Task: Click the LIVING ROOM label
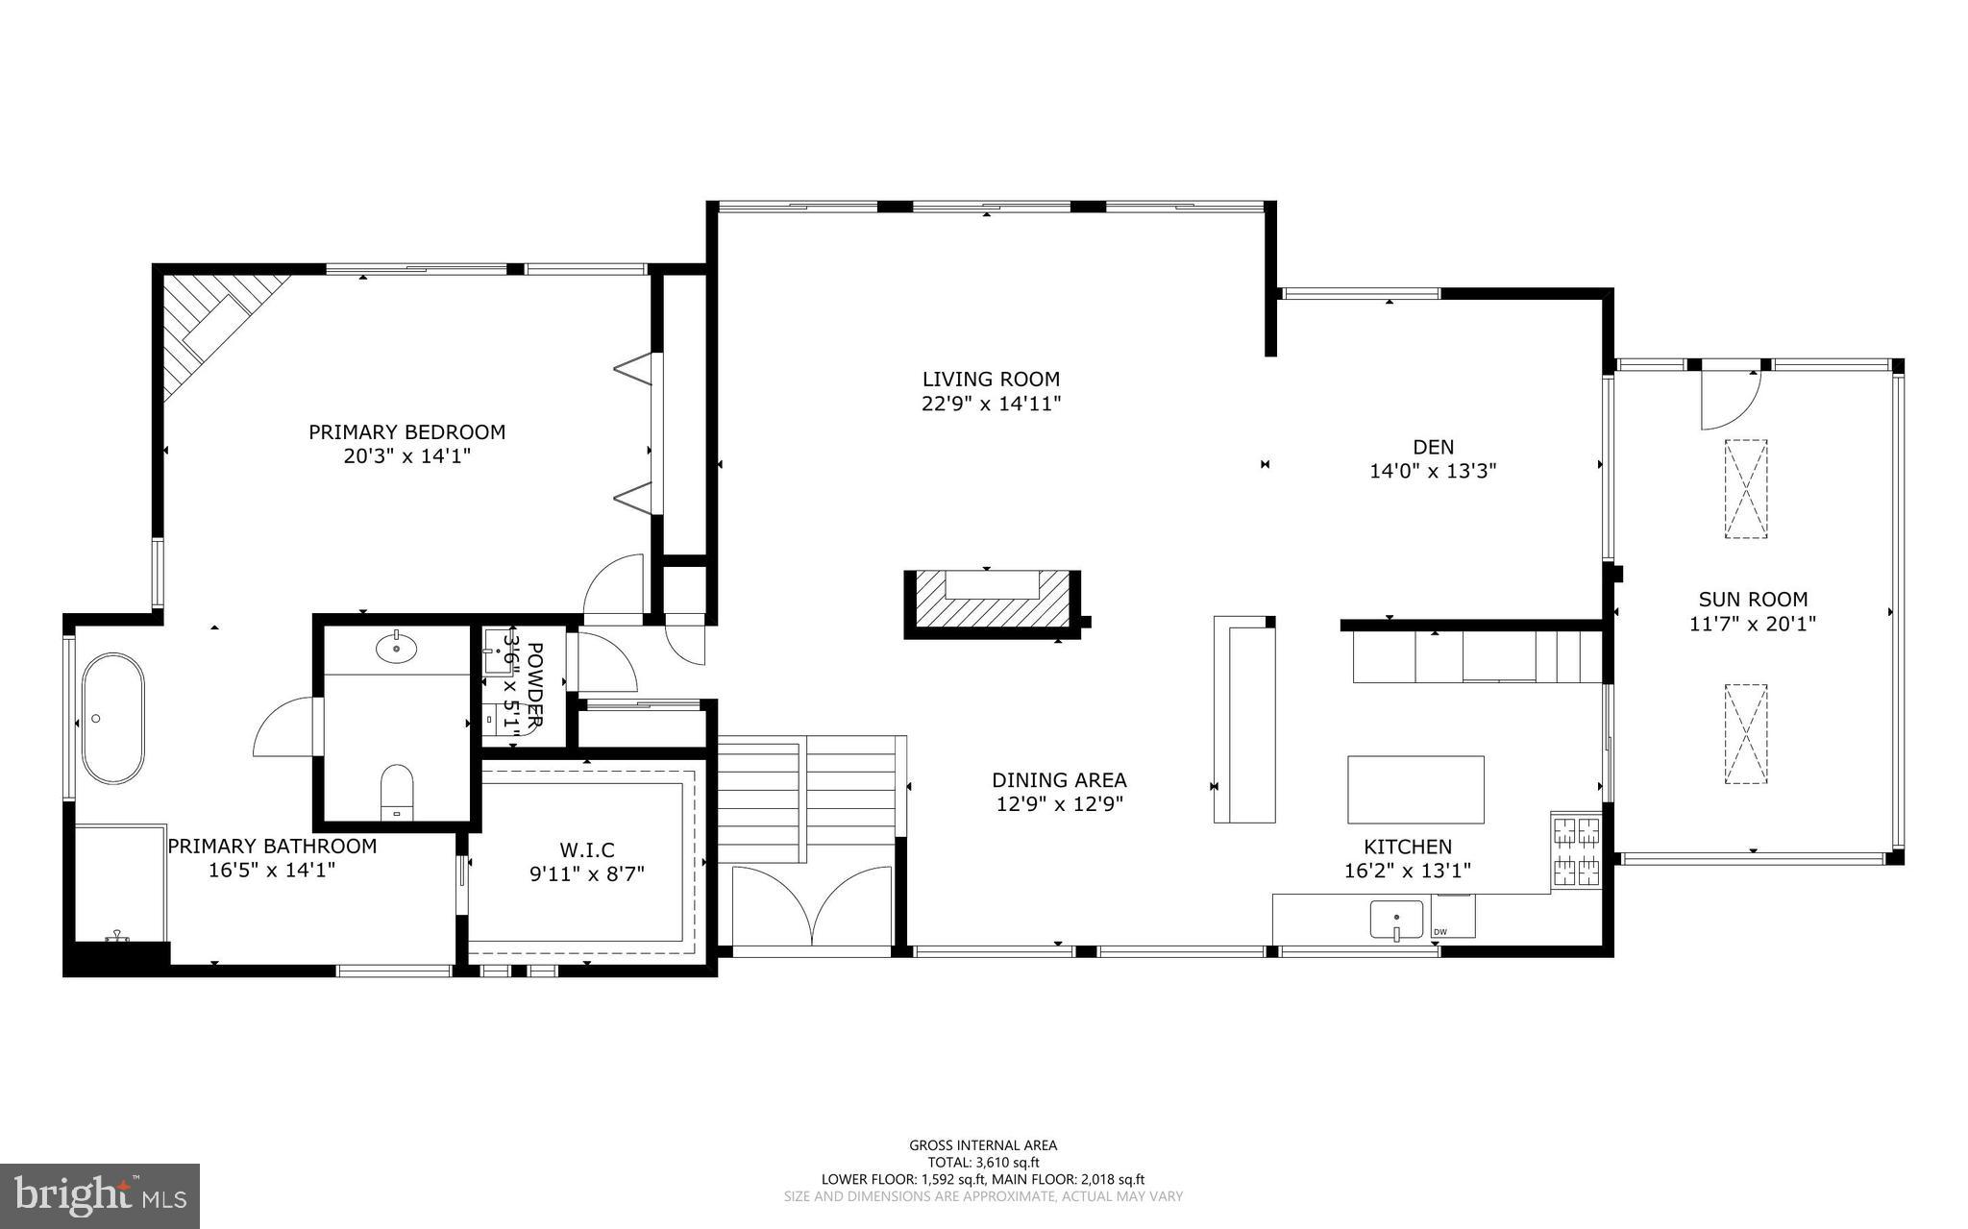tap(991, 380)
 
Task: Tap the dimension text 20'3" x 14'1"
tap(406, 455)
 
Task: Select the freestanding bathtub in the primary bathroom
tap(113, 718)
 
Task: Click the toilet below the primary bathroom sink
tap(396, 794)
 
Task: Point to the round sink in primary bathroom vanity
tap(396, 649)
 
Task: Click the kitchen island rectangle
tap(1414, 790)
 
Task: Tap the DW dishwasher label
tap(1439, 931)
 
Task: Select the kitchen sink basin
tap(1395, 920)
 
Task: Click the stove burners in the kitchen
tap(1575, 849)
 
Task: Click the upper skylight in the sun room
tap(1745, 489)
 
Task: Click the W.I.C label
tap(586, 849)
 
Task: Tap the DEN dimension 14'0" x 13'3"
tap(1433, 472)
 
